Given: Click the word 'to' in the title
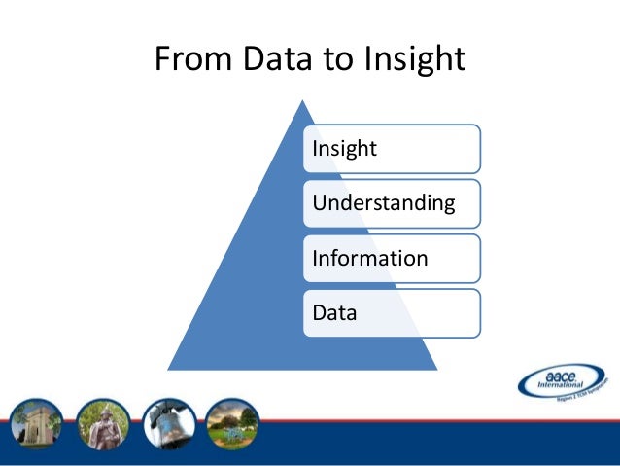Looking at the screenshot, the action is tap(335, 60).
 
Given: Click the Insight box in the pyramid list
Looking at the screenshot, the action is tap(393, 149).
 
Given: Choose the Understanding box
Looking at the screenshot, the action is tap(393, 203).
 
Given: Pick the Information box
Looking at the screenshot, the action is tap(393, 258).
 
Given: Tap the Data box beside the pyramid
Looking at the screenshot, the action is tap(393, 313).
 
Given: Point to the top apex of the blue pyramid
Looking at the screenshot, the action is tap(300, 101).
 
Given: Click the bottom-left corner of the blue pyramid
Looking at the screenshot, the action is tap(169, 369).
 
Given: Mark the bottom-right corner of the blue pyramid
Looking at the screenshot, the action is tap(433, 369).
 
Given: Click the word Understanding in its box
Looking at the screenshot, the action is tap(383, 203).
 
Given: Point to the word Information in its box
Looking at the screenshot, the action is tap(369, 258).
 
